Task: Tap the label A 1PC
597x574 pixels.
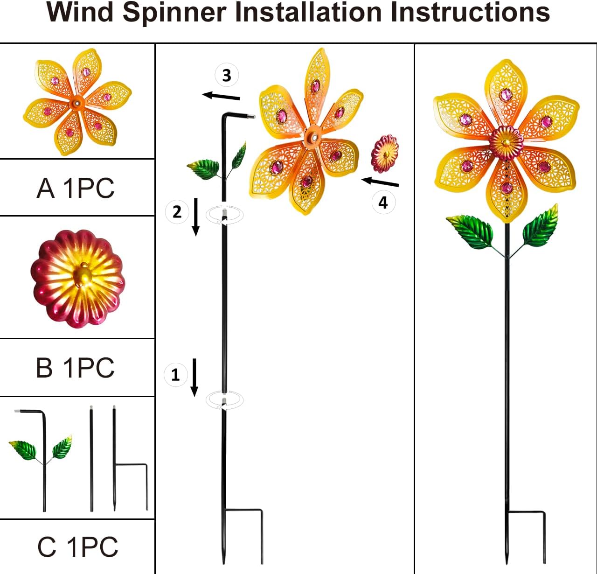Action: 76,189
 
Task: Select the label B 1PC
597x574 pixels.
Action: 75,368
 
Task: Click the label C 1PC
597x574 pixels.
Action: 77,547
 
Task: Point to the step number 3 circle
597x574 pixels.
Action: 227,75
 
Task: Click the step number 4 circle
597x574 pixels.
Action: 383,203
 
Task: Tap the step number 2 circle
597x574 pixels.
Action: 177,212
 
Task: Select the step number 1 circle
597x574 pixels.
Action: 175,375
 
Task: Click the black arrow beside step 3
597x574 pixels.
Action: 221,96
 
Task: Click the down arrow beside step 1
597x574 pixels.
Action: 195,377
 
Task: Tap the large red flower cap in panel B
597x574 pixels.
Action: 78,279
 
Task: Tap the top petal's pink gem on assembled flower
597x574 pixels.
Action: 506,95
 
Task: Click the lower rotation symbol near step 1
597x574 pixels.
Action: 225,400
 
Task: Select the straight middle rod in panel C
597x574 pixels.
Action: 91,460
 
